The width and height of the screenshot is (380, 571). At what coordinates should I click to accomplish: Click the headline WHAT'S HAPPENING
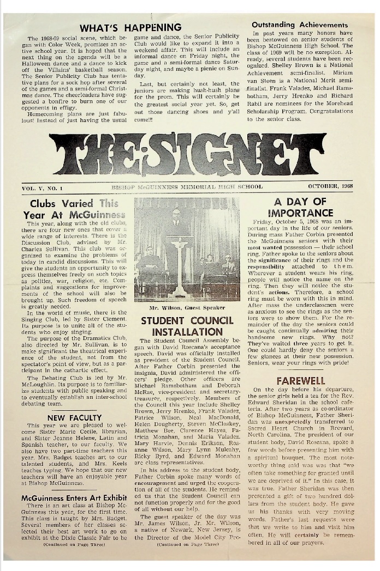point(130,27)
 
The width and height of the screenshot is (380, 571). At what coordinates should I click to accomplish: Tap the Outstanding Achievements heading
point(300,25)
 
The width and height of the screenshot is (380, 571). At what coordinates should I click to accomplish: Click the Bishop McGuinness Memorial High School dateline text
point(187,186)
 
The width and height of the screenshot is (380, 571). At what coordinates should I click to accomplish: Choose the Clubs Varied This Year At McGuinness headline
point(74,209)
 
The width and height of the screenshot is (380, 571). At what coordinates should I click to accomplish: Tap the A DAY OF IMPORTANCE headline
point(300,208)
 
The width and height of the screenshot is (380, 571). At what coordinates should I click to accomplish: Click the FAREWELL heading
point(300,380)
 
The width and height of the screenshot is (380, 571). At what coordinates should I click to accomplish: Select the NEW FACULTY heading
point(71,418)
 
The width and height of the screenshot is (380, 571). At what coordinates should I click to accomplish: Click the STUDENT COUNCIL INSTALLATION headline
point(187,326)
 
